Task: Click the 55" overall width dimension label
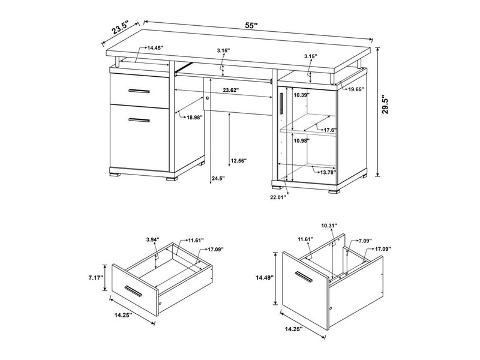[251, 25]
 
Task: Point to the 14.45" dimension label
[155, 48]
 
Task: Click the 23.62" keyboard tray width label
[231, 90]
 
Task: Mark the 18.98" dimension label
[194, 117]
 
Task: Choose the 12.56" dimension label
[239, 160]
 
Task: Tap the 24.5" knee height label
[218, 178]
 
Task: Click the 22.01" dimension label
[278, 197]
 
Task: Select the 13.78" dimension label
[328, 172]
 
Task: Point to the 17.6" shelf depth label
[331, 130]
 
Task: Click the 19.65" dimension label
[356, 89]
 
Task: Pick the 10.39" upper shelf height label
[302, 95]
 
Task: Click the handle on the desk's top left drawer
[139, 91]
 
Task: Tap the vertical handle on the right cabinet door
[281, 103]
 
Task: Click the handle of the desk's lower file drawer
[139, 120]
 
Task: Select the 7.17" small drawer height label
[96, 278]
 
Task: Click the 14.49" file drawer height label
[265, 278]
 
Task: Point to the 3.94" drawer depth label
[153, 239]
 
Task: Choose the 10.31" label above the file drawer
[329, 225]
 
